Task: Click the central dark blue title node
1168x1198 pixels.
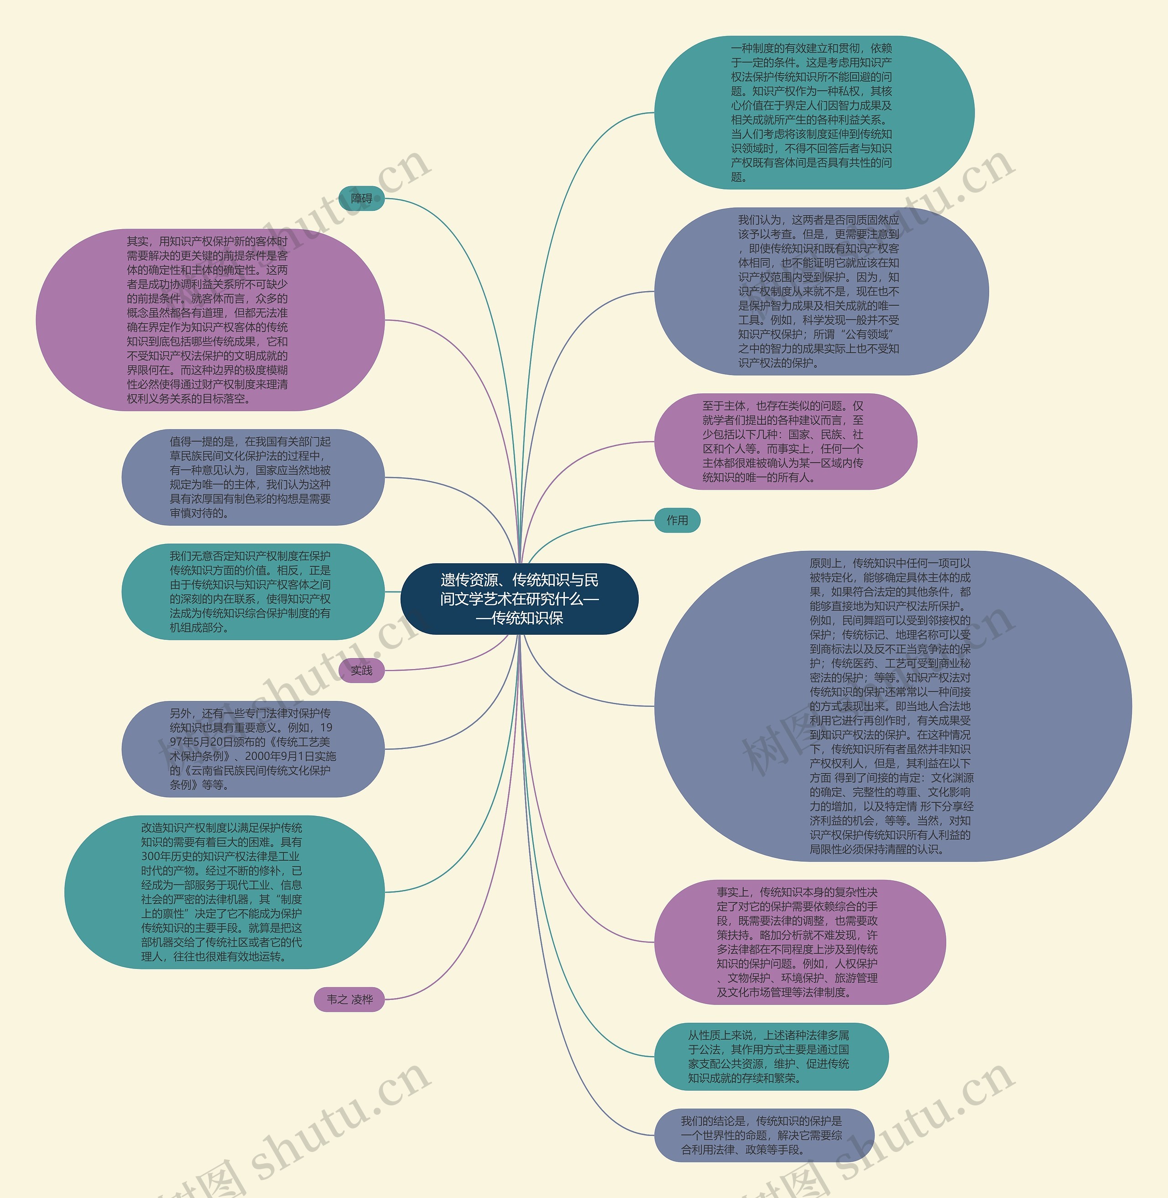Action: [519, 598]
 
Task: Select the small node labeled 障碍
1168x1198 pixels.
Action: [361, 198]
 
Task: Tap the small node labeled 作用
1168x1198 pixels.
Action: [677, 520]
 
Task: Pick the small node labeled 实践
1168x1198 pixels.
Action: [361, 670]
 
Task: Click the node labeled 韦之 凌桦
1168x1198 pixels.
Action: [349, 999]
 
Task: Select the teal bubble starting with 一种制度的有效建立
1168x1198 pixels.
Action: [813, 112]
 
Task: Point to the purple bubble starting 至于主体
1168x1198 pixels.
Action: [785, 441]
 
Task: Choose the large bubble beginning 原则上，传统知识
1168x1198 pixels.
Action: [892, 706]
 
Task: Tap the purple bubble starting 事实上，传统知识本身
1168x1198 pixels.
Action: [799, 942]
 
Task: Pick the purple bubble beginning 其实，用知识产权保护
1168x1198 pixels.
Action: [210, 320]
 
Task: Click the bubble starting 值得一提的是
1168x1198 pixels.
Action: [252, 477]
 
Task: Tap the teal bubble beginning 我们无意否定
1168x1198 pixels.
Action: [252, 591]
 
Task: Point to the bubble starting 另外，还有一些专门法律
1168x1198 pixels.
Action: [252, 749]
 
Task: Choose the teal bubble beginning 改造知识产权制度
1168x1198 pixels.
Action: [224, 892]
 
